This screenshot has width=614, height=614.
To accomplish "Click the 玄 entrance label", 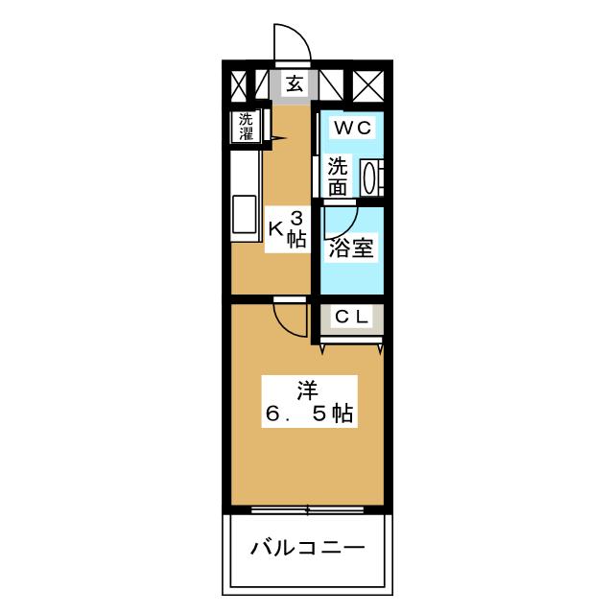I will [295, 83].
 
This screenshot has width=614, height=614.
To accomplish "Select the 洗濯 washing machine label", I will [247, 128].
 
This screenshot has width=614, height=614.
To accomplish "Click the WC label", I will [352, 127].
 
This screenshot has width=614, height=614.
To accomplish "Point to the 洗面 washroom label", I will [337, 176].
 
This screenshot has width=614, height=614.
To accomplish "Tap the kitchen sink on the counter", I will [243, 213].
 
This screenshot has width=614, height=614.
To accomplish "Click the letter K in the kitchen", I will [274, 228].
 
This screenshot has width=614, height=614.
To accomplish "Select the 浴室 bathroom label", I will [351, 249].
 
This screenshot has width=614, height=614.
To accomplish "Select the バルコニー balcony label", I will [307, 549].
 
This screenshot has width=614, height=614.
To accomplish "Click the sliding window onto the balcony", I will [307, 508].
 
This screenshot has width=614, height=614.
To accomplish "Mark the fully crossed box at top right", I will [368, 83].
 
